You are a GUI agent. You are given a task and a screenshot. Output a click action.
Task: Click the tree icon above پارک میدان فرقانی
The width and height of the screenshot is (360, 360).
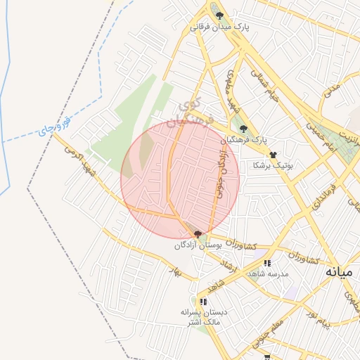point(219,15)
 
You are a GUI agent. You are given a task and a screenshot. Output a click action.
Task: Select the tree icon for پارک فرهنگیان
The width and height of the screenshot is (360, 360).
point(243,129)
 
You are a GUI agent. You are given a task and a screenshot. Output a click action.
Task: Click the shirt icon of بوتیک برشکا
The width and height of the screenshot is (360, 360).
point(274,154)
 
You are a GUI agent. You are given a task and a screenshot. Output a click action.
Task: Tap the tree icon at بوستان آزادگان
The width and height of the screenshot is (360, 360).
point(198,234)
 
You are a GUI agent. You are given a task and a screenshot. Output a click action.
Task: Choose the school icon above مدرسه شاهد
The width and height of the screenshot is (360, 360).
point(266,264)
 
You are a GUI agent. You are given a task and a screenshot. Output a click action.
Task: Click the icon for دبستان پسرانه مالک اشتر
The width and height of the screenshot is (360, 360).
point(203,302)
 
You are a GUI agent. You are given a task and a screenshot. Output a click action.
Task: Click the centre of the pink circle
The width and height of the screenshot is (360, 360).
point(180,179)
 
